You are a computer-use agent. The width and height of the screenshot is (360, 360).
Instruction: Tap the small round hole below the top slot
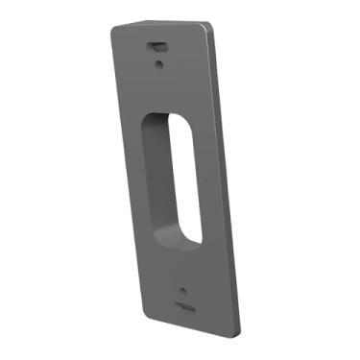click(x=159, y=64)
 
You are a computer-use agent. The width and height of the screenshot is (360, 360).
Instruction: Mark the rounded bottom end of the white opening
click(x=192, y=234)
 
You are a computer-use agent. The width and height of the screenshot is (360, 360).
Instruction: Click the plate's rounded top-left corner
click(x=114, y=32)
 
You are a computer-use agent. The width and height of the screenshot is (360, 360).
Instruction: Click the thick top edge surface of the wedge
click(x=163, y=25)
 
